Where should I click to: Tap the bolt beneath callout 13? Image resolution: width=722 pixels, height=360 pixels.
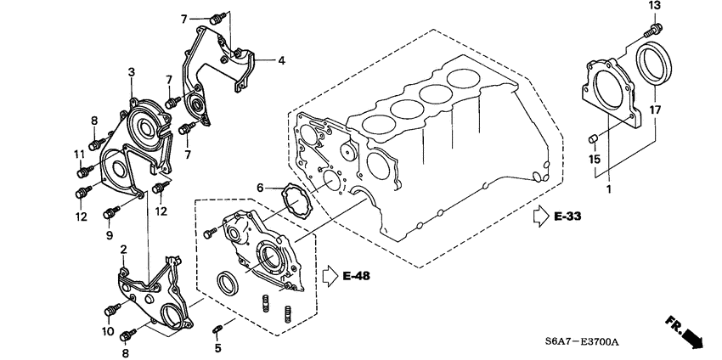click(x=654, y=29)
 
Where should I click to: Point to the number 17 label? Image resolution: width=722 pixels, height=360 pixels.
click(x=656, y=110)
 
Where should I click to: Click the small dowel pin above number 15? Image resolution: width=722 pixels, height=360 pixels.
click(x=595, y=138)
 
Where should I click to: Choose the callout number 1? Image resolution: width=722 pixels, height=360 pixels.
click(x=608, y=189)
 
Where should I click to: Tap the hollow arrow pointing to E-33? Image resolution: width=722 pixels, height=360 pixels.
click(x=539, y=218)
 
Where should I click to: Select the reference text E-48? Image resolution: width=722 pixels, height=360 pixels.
click(x=358, y=276)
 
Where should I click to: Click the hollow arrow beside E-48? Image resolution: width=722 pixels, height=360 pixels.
click(x=330, y=276)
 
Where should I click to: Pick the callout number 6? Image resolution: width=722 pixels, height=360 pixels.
click(x=261, y=187)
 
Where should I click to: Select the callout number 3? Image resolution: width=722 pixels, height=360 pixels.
click(x=132, y=73)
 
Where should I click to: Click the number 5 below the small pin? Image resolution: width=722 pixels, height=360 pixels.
click(x=217, y=348)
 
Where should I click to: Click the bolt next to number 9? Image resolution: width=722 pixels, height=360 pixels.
click(x=111, y=212)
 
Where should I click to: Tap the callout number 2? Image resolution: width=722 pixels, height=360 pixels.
click(x=123, y=249)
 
